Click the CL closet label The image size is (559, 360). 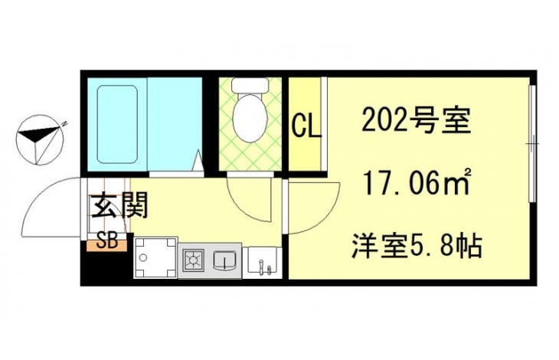tap(307, 125)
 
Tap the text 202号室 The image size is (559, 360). tap(416, 121)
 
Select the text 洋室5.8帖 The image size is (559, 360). tap(417, 245)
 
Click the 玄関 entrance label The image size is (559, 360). tap(119, 206)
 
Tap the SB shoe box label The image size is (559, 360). tap(108, 242)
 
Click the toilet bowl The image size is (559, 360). tap(249, 117)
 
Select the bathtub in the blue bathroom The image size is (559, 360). tap(117, 123)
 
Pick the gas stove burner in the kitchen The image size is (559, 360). tap(194, 259)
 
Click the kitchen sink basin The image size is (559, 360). tap(224, 260)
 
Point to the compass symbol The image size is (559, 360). tap(40, 139)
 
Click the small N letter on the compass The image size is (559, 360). tap(64, 123)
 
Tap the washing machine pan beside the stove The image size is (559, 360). tap(155, 257)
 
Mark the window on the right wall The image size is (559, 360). tap(533, 144)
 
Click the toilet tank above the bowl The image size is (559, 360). tap(249, 86)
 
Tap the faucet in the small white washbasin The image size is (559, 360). tap(262, 267)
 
